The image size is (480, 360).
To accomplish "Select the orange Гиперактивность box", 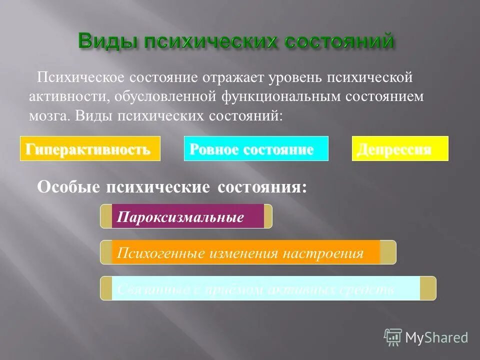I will [x=90, y=148].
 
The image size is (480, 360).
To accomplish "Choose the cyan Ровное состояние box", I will [x=256, y=148].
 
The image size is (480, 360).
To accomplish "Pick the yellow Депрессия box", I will [x=400, y=148].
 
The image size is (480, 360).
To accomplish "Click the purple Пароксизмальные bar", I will [x=187, y=216].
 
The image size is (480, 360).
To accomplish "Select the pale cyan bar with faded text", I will [x=265, y=288].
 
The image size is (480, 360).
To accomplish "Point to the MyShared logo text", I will [x=436, y=337].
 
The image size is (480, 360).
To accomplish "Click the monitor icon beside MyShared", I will [x=393, y=337].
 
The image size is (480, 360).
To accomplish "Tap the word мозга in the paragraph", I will [x=49, y=115].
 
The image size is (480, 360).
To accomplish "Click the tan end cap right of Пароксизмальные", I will [x=268, y=216].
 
